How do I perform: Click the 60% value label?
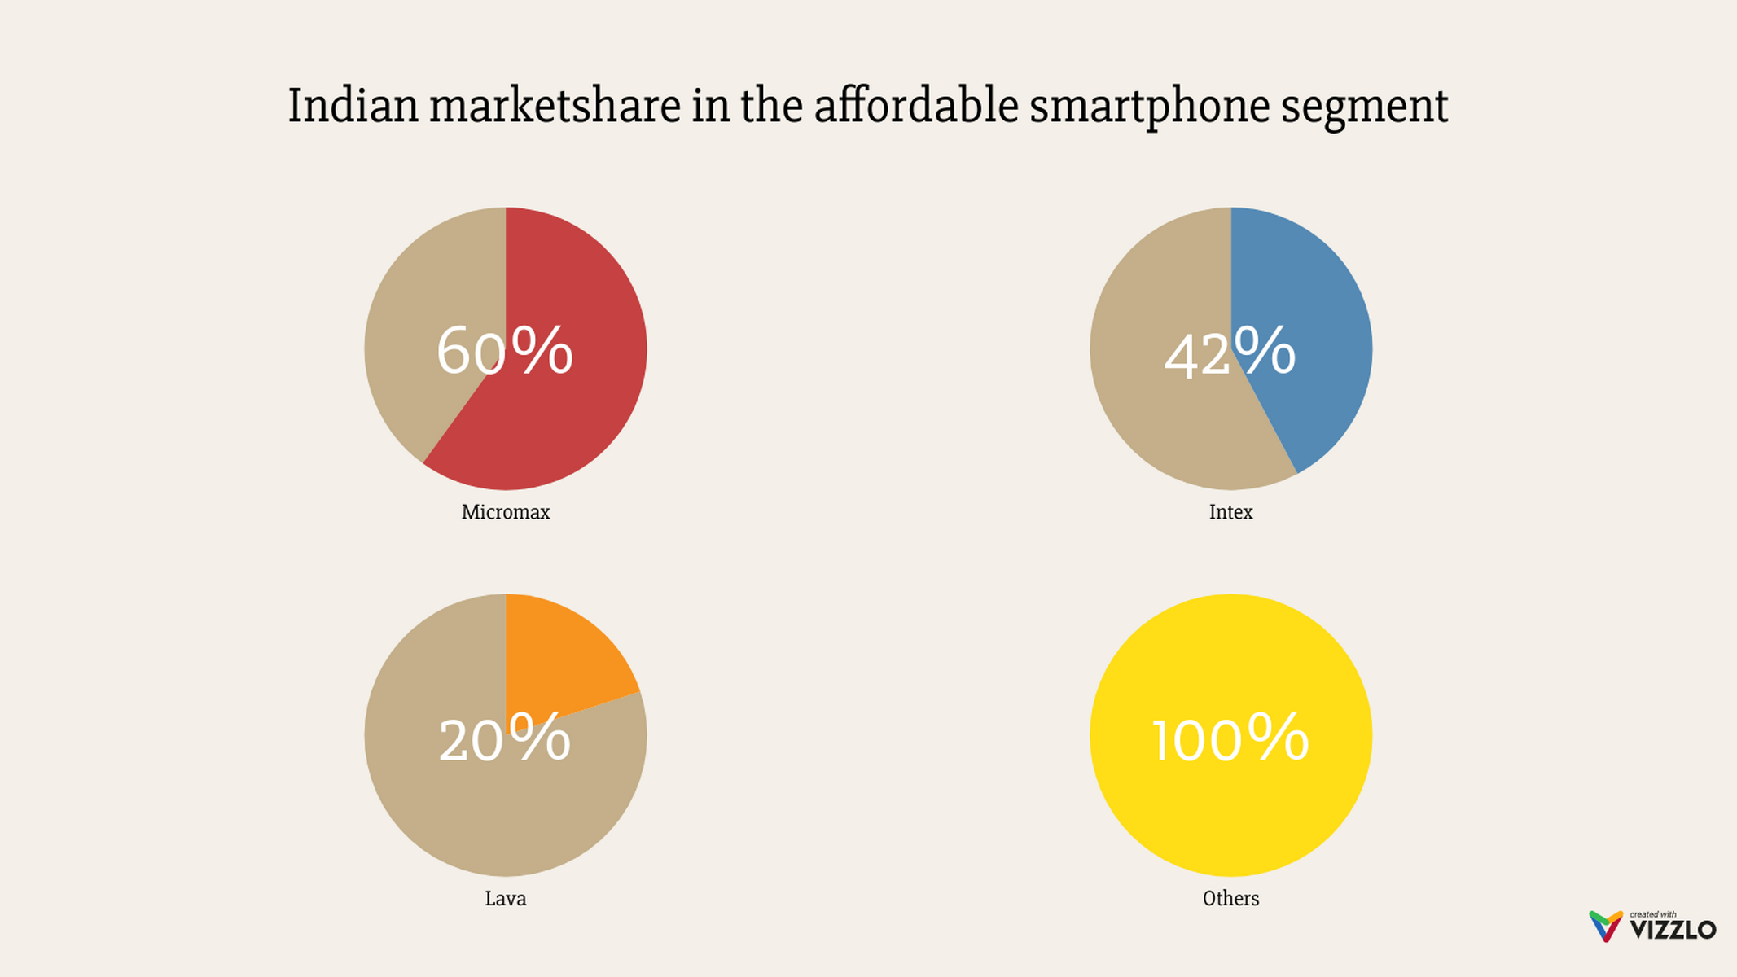[504, 351]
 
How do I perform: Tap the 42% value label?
[1230, 353]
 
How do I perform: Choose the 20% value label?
[504, 738]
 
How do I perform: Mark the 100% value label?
[1230, 738]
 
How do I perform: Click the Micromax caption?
[506, 512]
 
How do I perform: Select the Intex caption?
[1230, 512]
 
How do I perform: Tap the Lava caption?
[506, 899]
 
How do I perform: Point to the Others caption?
[1230, 899]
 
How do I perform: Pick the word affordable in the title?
[916, 106]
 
